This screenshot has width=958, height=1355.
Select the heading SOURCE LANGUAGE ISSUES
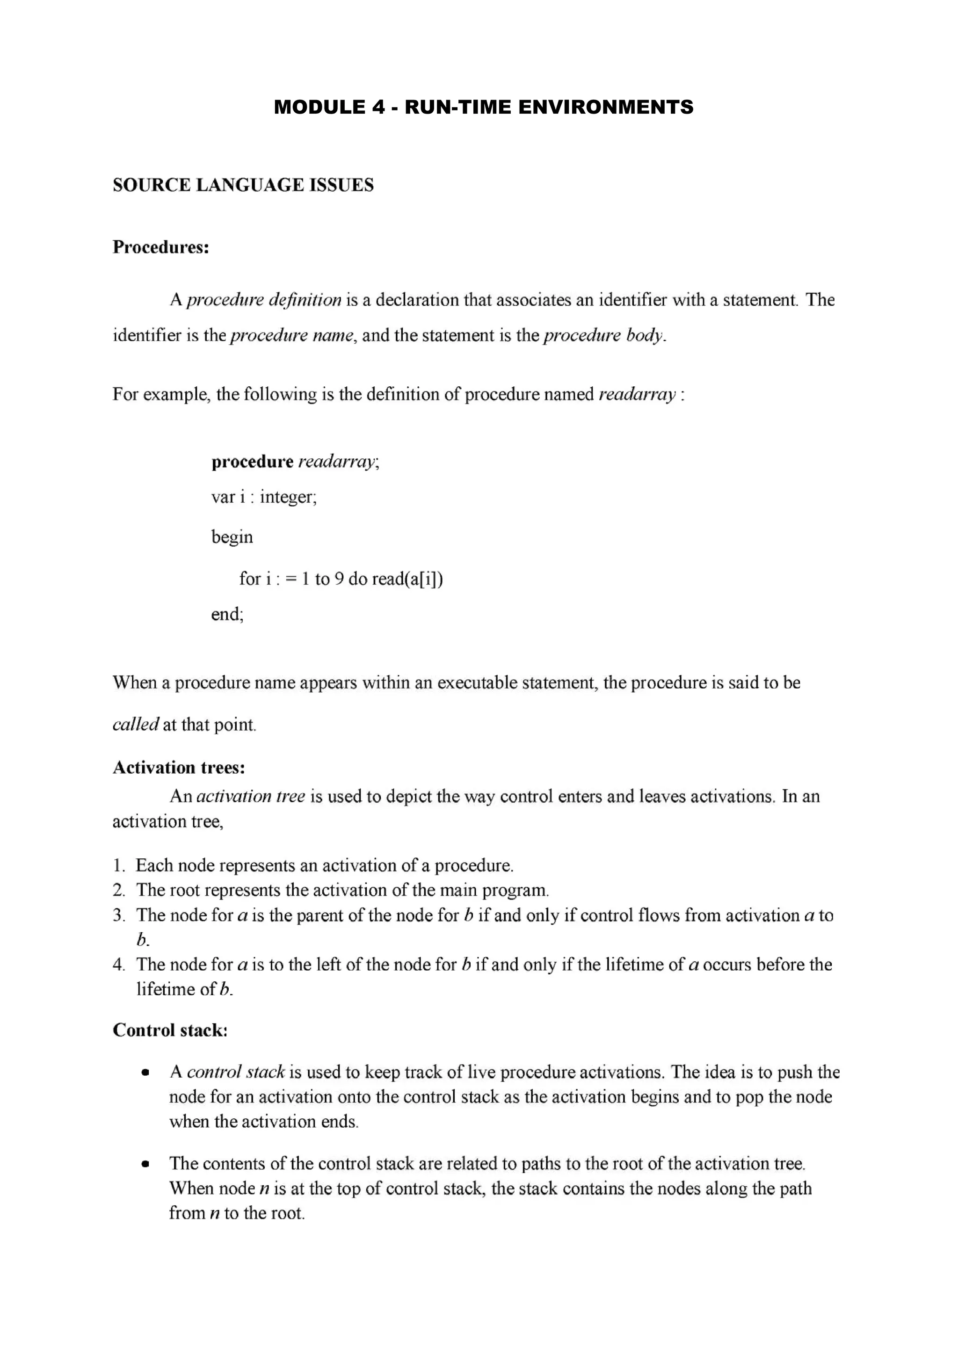243,185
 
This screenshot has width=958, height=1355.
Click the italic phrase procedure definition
264,300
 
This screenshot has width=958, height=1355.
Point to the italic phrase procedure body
603,335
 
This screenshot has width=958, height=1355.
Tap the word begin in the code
232,537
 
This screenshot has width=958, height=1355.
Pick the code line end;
227,614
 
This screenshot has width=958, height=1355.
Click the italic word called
135,724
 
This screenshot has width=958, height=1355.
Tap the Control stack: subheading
170,1030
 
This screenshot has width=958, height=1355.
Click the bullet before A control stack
145,1073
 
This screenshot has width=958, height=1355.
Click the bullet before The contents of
145,1165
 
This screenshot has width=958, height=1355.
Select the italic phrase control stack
235,1072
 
